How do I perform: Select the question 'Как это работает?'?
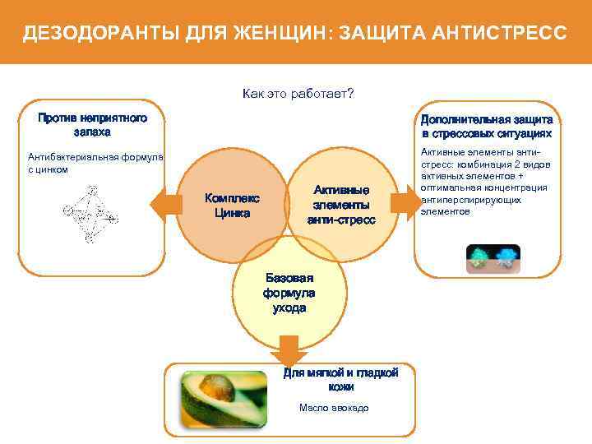coord(298,93)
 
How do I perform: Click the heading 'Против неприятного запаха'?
coord(92,125)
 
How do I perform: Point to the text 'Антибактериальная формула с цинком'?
coord(95,163)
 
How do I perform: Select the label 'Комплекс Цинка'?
coord(232,206)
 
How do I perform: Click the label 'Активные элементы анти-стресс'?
coord(341,204)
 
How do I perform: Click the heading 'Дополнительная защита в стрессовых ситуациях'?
coord(487,127)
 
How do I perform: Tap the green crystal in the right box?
coord(478,257)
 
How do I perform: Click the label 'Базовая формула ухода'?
coord(289,293)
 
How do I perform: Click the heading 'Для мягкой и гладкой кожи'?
coord(340,379)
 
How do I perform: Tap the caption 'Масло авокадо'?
coord(334,408)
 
